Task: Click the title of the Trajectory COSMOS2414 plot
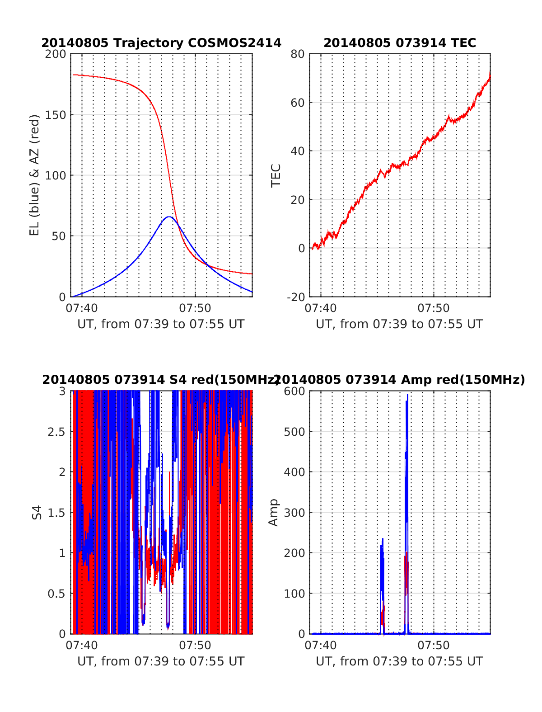(x=161, y=43)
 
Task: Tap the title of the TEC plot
(x=400, y=43)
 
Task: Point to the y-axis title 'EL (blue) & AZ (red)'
(x=35, y=175)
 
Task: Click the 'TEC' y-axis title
(x=276, y=175)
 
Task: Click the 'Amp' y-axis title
(x=273, y=512)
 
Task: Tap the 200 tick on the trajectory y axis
(x=56, y=54)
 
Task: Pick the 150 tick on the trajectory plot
(x=56, y=115)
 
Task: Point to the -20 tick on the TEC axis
(x=295, y=297)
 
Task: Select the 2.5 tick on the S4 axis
(x=56, y=432)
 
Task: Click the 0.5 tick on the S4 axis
(x=56, y=594)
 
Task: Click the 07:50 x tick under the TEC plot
(x=434, y=308)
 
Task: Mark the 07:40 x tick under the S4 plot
(x=82, y=645)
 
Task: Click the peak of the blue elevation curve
(x=169, y=217)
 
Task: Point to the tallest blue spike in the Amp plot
(x=407, y=396)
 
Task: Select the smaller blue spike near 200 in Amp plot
(x=382, y=540)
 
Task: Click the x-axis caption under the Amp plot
(x=399, y=661)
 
